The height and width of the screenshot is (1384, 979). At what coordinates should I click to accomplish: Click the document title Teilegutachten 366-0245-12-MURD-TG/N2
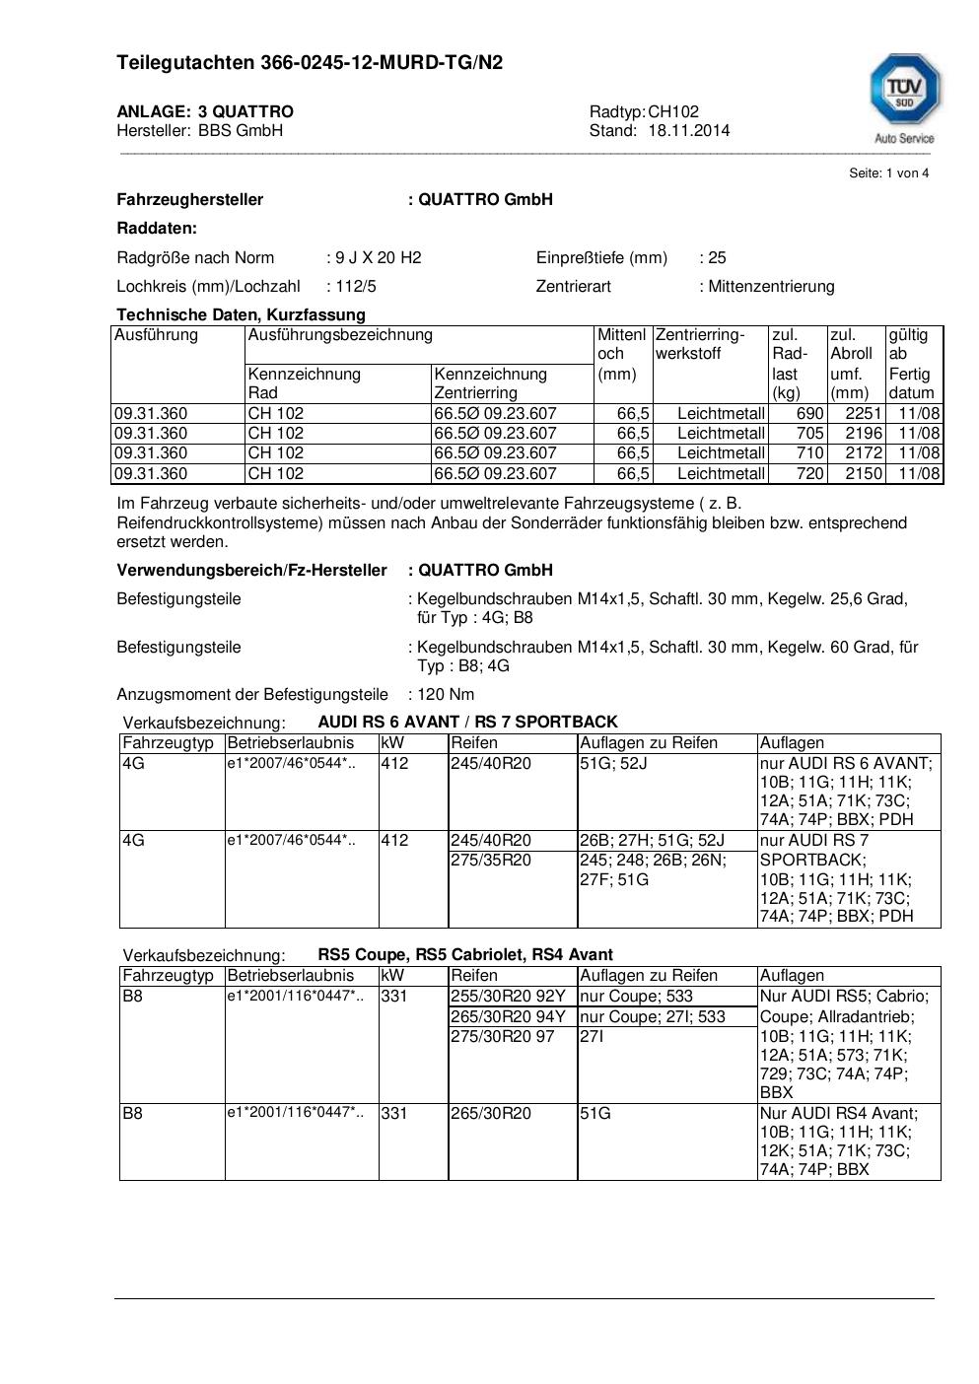[x=310, y=63]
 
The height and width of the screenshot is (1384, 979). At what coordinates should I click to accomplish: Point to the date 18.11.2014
[x=689, y=130]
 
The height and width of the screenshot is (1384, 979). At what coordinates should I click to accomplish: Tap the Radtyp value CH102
[x=673, y=111]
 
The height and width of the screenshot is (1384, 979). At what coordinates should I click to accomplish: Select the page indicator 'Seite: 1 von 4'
[x=888, y=173]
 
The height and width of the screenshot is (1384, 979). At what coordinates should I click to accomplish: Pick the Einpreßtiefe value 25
[x=717, y=257]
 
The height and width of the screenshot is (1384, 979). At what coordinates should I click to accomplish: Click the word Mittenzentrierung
[x=771, y=286]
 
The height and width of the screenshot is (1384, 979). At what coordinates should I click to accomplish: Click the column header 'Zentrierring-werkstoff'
[x=700, y=344]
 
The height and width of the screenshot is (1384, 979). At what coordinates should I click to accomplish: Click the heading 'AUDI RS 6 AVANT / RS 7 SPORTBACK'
[x=467, y=722]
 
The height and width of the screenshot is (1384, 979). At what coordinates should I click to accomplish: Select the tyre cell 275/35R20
[x=491, y=860]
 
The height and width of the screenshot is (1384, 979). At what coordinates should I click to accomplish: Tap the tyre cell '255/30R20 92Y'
[x=508, y=996]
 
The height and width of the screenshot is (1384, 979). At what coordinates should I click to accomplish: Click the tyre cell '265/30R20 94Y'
[x=508, y=1016]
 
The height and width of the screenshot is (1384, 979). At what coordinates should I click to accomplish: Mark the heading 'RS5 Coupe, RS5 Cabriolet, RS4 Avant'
[x=465, y=954]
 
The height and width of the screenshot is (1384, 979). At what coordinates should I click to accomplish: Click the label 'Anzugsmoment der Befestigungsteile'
[x=252, y=694]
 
